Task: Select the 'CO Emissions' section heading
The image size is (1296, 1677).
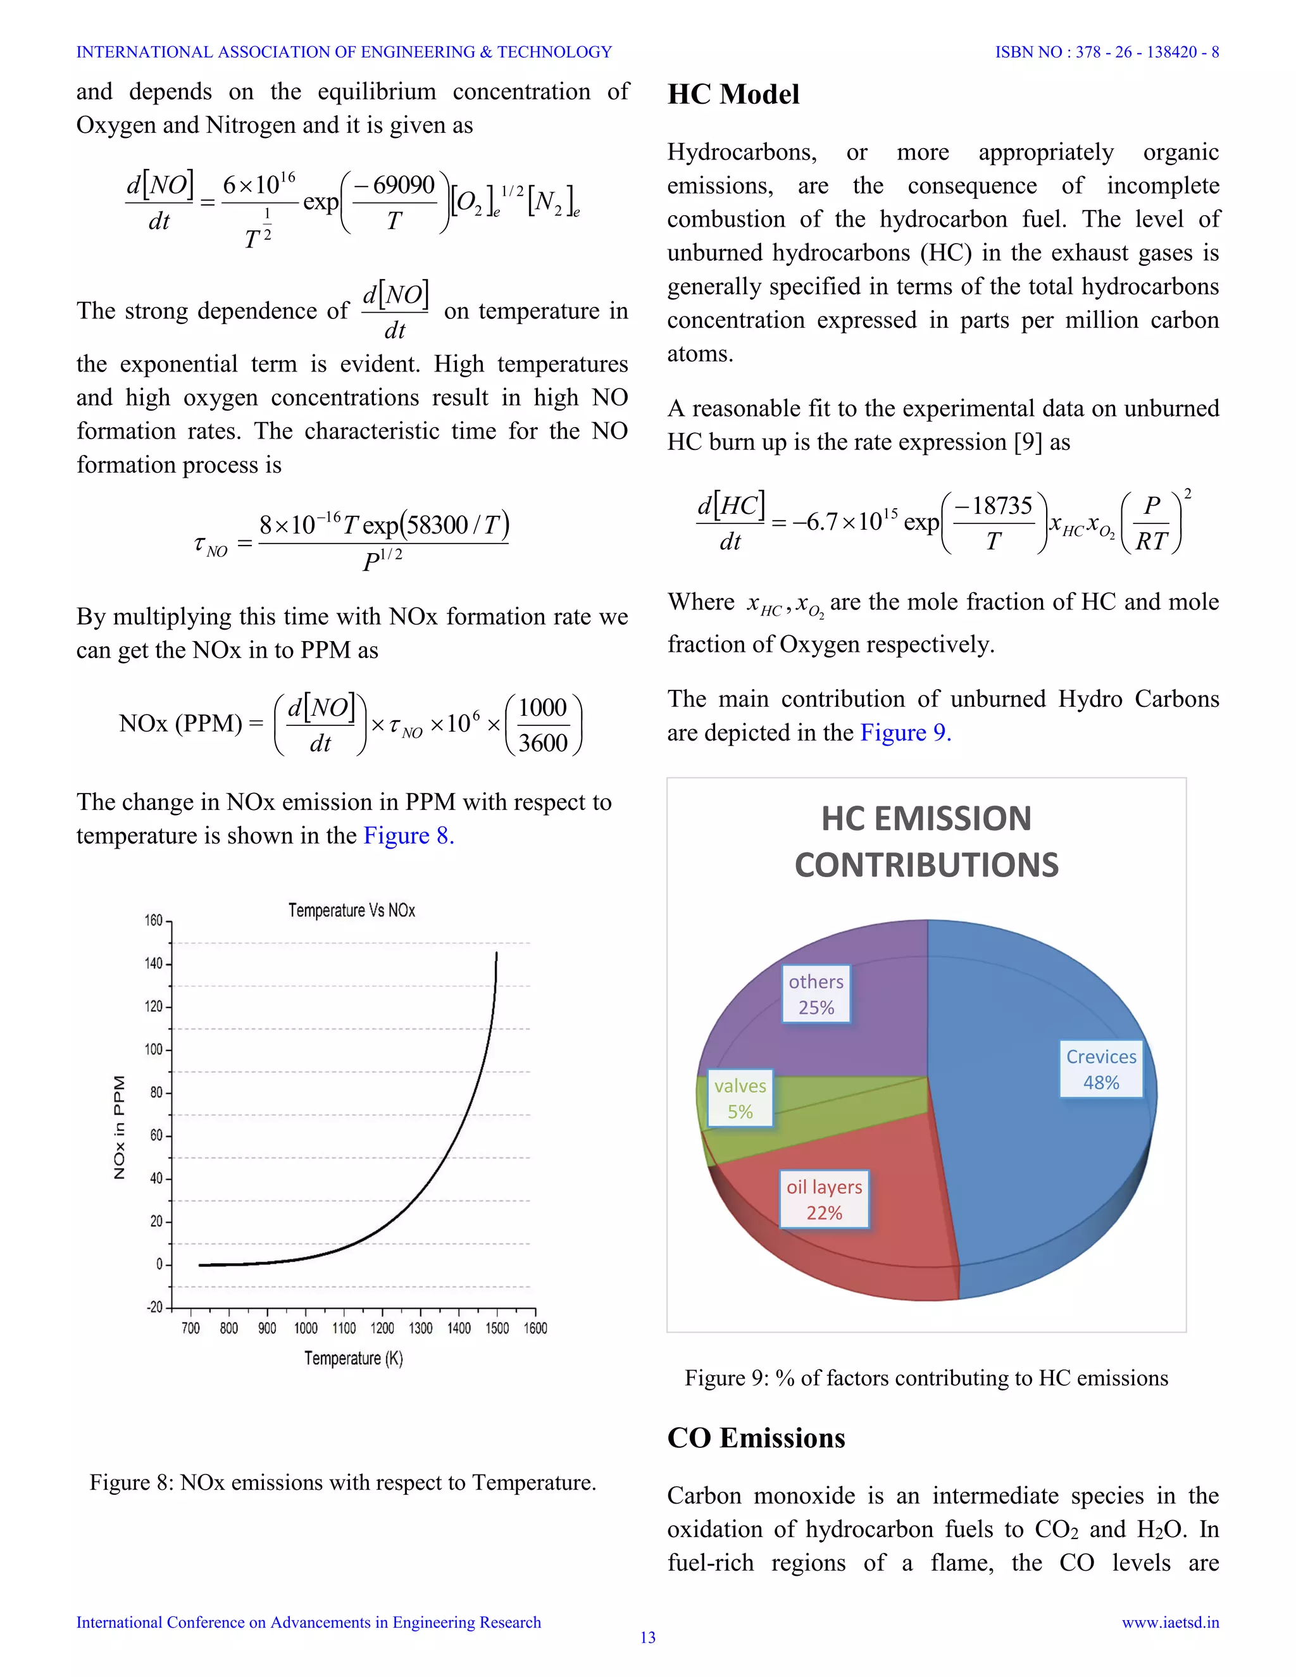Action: click(x=756, y=1437)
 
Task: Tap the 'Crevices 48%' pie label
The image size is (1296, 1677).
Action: click(x=1100, y=1069)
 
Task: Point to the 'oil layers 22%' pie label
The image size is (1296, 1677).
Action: click(x=824, y=1199)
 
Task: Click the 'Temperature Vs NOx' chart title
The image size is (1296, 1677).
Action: click(x=352, y=910)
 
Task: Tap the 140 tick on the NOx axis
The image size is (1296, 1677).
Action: click(x=154, y=963)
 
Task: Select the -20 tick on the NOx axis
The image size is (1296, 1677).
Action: click(x=154, y=1307)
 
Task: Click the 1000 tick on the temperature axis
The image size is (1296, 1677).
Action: click(x=306, y=1328)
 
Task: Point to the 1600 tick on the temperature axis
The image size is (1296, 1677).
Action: click(x=535, y=1328)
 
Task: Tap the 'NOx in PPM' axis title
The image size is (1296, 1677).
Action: click(x=119, y=1126)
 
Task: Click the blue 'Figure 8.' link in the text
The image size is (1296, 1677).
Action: click(x=408, y=835)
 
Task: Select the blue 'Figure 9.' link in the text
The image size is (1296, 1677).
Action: click(x=905, y=733)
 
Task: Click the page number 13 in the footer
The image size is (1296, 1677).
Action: click(x=648, y=1638)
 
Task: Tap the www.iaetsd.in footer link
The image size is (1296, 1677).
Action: click(x=1169, y=1622)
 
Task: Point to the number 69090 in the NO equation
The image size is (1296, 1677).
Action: click(x=403, y=185)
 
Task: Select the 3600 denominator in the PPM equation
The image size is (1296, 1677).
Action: click(x=543, y=742)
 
